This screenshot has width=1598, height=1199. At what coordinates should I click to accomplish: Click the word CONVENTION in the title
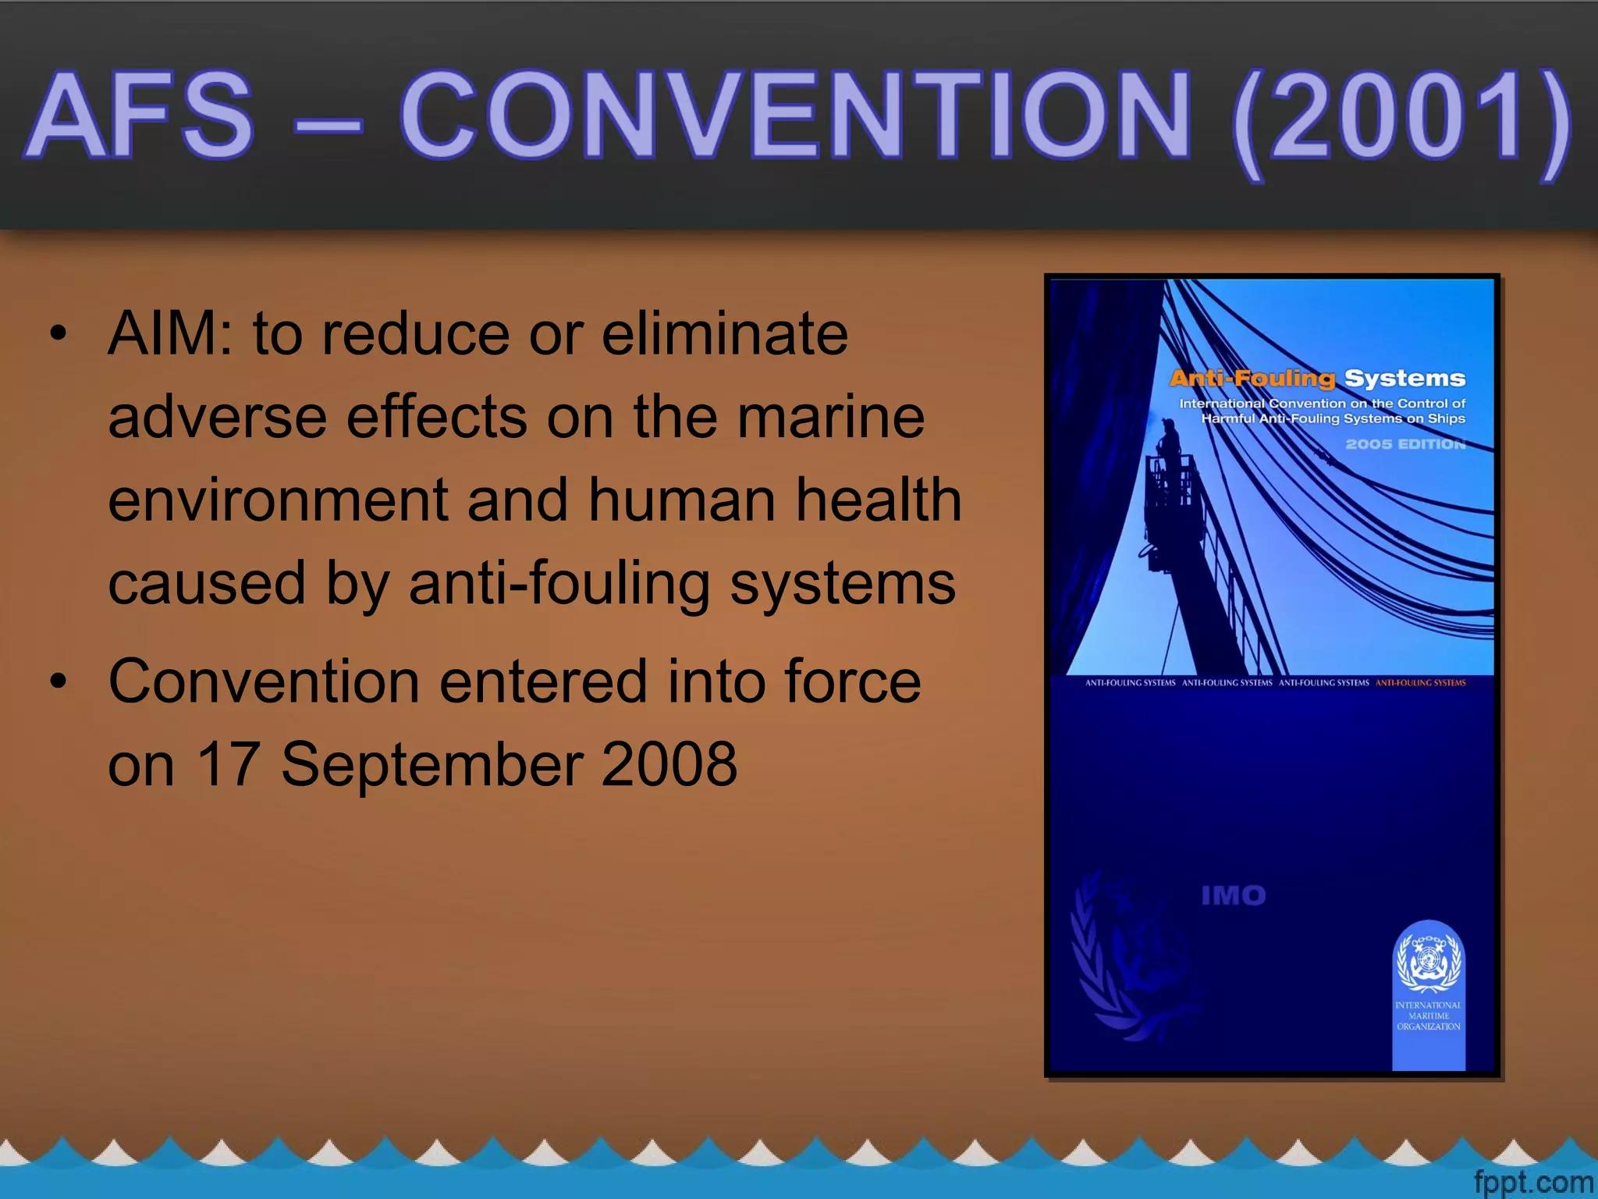tap(796, 116)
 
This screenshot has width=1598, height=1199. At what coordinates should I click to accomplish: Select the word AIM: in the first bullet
tap(170, 334)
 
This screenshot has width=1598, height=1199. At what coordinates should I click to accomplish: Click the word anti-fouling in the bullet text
tap(559, 584)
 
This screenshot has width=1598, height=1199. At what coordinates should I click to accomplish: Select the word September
tap(433, 763)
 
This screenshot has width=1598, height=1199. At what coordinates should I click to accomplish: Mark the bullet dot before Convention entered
tap(58, 681)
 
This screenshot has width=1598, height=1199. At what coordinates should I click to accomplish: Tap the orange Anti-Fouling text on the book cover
tap(1252, 379)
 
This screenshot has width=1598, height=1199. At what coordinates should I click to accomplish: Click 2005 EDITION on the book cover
tap(1405, 444)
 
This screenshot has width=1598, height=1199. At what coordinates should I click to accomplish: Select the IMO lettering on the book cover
tap(1233, 895)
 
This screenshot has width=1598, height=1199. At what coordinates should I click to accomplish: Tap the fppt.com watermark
tap(1532, 1182)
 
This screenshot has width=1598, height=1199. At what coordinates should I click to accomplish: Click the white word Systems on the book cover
tap(1404, 379)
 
